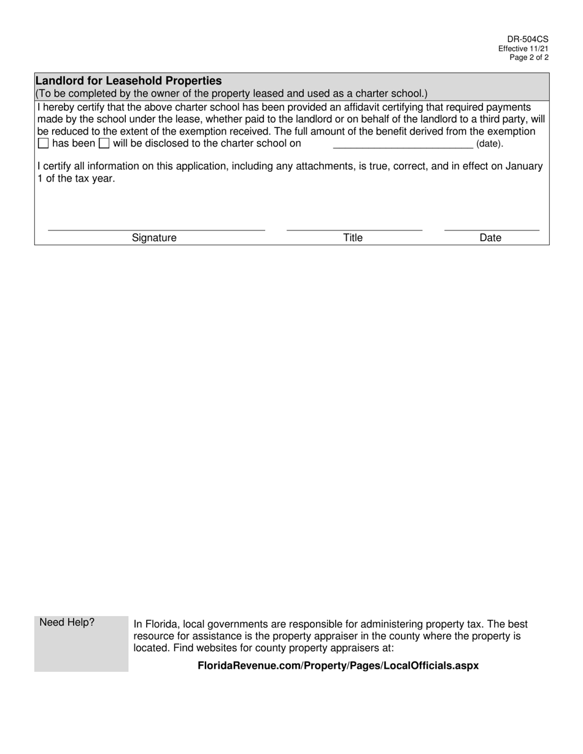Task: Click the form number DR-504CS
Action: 531,39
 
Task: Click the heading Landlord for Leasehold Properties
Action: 129,81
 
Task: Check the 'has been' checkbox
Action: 43,143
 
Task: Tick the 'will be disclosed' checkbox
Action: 104,143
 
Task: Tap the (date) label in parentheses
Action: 490,144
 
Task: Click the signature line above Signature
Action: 156,229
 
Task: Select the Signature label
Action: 154,238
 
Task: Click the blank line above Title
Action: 354,229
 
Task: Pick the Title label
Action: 353,238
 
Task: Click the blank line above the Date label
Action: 491,229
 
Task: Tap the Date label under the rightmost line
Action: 490,238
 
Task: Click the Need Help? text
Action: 67,623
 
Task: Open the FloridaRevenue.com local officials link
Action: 338,666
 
